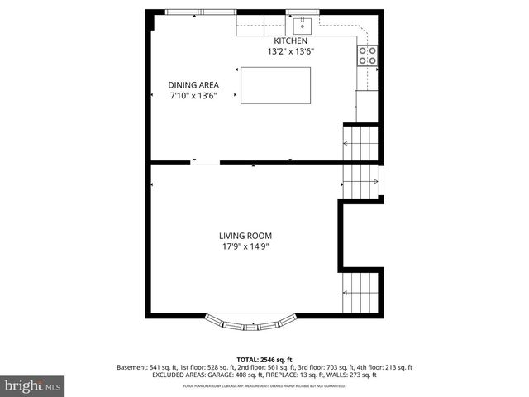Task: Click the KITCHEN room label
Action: tap(291, 41)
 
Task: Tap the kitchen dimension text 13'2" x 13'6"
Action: tap(291, 51)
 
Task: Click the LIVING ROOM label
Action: tap(245, 236)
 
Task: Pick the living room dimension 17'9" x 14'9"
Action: tap(245, 246)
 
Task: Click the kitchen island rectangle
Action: tap(275, 86)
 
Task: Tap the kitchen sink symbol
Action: tap(303, 22)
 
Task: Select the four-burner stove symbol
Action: tap(367, 55)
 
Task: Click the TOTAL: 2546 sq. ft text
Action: tap(265, 360)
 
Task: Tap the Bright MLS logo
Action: tap(33, 385)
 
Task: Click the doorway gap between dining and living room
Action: tap(206, 162)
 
